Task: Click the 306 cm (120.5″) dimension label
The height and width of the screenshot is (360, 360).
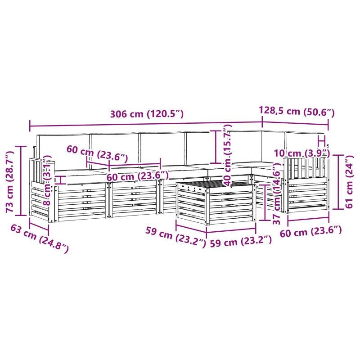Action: click(147, 114)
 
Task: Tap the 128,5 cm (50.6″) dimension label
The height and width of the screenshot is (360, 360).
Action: click(297, 111)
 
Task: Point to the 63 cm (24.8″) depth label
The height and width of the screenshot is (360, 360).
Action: click(40, 238)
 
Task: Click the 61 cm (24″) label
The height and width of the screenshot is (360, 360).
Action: click(349, 182)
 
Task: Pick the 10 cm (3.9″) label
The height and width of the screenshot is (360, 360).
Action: click(302, 153)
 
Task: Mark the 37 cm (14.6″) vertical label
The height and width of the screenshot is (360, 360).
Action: click(277, 193)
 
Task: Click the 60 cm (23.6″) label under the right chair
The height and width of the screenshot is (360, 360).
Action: click(311, 231)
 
